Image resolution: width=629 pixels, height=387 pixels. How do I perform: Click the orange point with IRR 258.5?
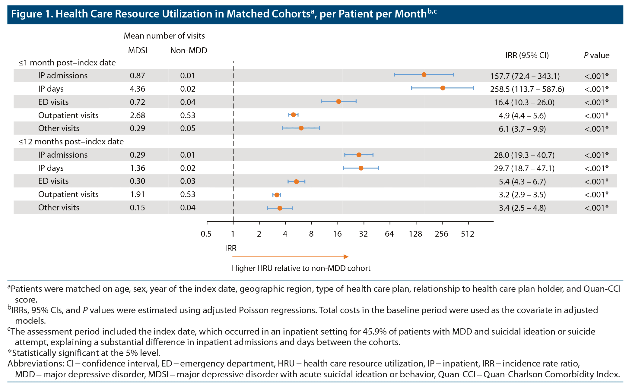coord(443,88)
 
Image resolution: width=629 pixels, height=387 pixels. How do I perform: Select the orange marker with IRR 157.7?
coord(424,75)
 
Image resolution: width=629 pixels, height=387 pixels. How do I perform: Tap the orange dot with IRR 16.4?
coord(338,102)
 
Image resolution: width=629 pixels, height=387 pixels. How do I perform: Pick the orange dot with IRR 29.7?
coord(361,168)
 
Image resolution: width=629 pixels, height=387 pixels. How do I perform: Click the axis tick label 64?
coord(389,234)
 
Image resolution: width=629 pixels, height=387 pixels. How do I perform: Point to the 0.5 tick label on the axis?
coord(206,234)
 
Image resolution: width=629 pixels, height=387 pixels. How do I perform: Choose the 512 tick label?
coord(467,234)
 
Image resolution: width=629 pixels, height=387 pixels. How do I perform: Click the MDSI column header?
coord(138,50)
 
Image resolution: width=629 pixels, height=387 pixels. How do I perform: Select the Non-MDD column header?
coord(189,50)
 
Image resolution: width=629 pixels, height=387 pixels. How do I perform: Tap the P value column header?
coord(596,55)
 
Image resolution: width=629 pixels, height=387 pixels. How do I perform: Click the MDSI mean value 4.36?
coord(137,89)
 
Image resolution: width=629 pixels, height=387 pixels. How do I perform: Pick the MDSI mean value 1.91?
coord(137,194)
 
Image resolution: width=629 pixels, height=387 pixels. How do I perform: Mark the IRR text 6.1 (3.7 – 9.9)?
coord(522,129)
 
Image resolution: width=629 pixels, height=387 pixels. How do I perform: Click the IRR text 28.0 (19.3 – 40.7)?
coord(524,155)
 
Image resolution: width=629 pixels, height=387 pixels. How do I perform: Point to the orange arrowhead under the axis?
coord(346,257)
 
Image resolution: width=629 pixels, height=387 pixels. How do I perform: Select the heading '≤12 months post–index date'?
coord(71,142)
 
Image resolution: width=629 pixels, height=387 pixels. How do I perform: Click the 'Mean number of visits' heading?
coord(164,36)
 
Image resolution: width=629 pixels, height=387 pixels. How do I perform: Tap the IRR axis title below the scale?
coord(231,248)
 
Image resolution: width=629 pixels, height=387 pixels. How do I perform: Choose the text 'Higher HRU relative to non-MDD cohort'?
coord(301,268)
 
